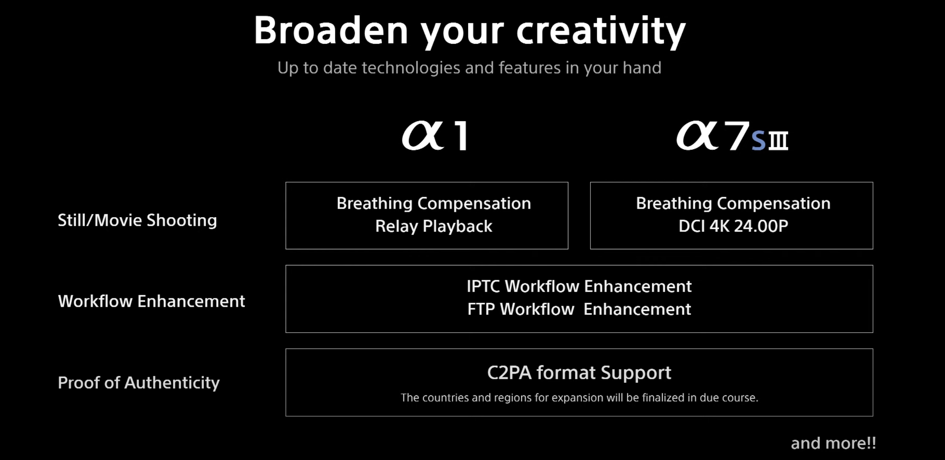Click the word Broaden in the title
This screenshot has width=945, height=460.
click(x=331, y=31)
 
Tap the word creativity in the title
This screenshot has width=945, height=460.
click(x=601, y=32)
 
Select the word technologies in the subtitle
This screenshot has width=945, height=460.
click(x=411, y=68)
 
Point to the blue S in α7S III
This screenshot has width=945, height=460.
click(x=758, y=140)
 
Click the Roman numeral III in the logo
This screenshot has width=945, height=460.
click(x=778, y=141)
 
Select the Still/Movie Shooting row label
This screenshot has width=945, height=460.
click(x=137, y=220)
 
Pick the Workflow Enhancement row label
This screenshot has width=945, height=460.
click(x=151, y=301)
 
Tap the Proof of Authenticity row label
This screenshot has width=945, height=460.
click(x=139, y=383)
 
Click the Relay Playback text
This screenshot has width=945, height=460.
click(x=433, y=226)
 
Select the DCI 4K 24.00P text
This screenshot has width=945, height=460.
click(x=733, y=226)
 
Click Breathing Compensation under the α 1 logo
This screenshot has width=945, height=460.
click(x=433, y=203)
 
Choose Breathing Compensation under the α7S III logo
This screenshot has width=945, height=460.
click(x=733, y=203)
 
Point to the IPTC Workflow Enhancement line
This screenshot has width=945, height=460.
click(x=579, y=286)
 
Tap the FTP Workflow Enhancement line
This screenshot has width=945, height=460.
click(x=579, y=309)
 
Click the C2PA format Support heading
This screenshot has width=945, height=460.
click(x=579, y=373)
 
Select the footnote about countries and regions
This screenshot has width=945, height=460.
click(x=579, y=398)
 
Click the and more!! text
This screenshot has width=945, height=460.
click(x=834, y=443)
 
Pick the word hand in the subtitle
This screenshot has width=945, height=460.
click(x=642, y=68)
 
